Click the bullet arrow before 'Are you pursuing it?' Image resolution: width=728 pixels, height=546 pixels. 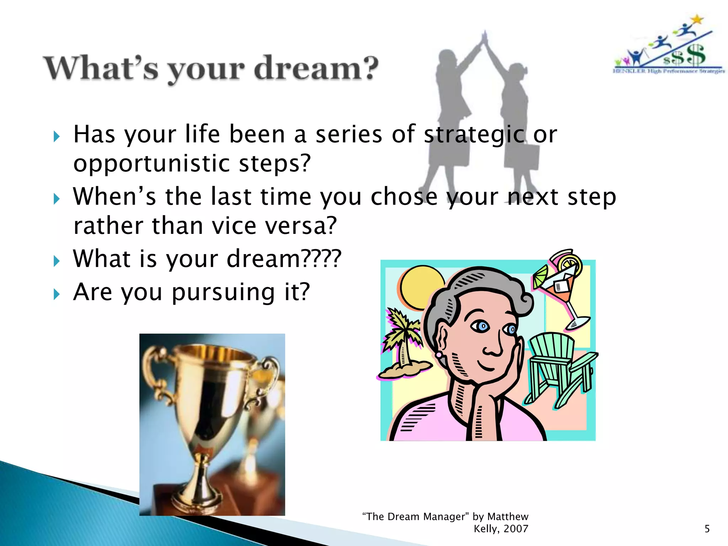pos(57,294)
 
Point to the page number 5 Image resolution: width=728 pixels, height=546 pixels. pos(707,529)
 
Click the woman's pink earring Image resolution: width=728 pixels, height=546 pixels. pos(439,354)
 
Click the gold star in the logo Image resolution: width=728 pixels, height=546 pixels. pos(697,20)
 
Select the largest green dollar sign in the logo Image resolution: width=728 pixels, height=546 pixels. pos(696,55)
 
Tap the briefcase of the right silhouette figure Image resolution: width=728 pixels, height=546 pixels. pos(521,156)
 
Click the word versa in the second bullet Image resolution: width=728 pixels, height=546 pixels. pos(301,226)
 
